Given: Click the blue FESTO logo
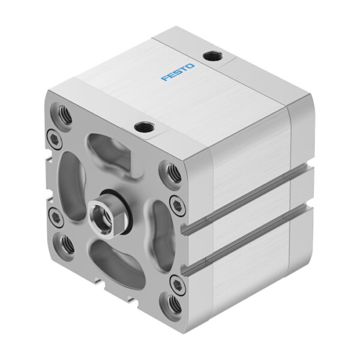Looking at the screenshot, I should [177, 71].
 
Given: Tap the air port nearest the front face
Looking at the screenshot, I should [143, 127].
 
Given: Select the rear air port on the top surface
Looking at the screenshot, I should [212, 56].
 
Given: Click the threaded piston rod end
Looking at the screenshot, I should [98, 212].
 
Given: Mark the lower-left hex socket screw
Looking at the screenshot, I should [55, 217].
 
